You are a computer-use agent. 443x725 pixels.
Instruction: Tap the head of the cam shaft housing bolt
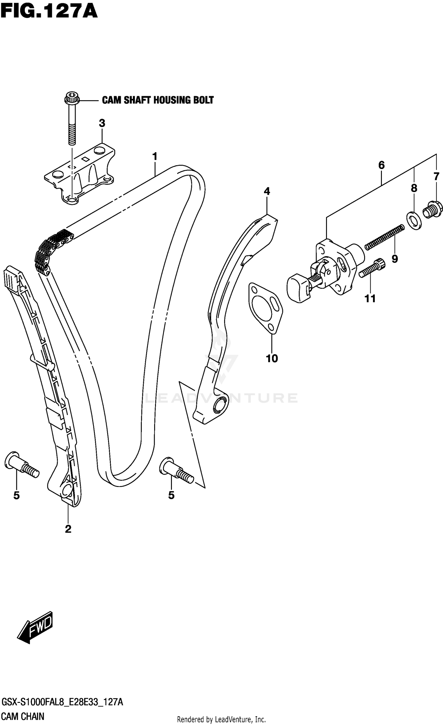point(71,98)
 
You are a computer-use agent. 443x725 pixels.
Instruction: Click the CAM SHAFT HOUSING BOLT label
point(157,100)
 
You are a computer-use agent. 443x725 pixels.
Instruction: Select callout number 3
point(102,123)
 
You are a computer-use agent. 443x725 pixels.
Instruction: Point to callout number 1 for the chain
point(154,157)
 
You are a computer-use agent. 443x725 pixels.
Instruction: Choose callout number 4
point(267,191)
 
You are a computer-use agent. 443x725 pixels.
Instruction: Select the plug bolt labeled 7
point(433,210)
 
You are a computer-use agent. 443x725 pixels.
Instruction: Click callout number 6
point(381,165)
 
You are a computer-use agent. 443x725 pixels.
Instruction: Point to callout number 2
point(68,529)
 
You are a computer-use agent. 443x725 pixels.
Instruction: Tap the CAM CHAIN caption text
point(23,716)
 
